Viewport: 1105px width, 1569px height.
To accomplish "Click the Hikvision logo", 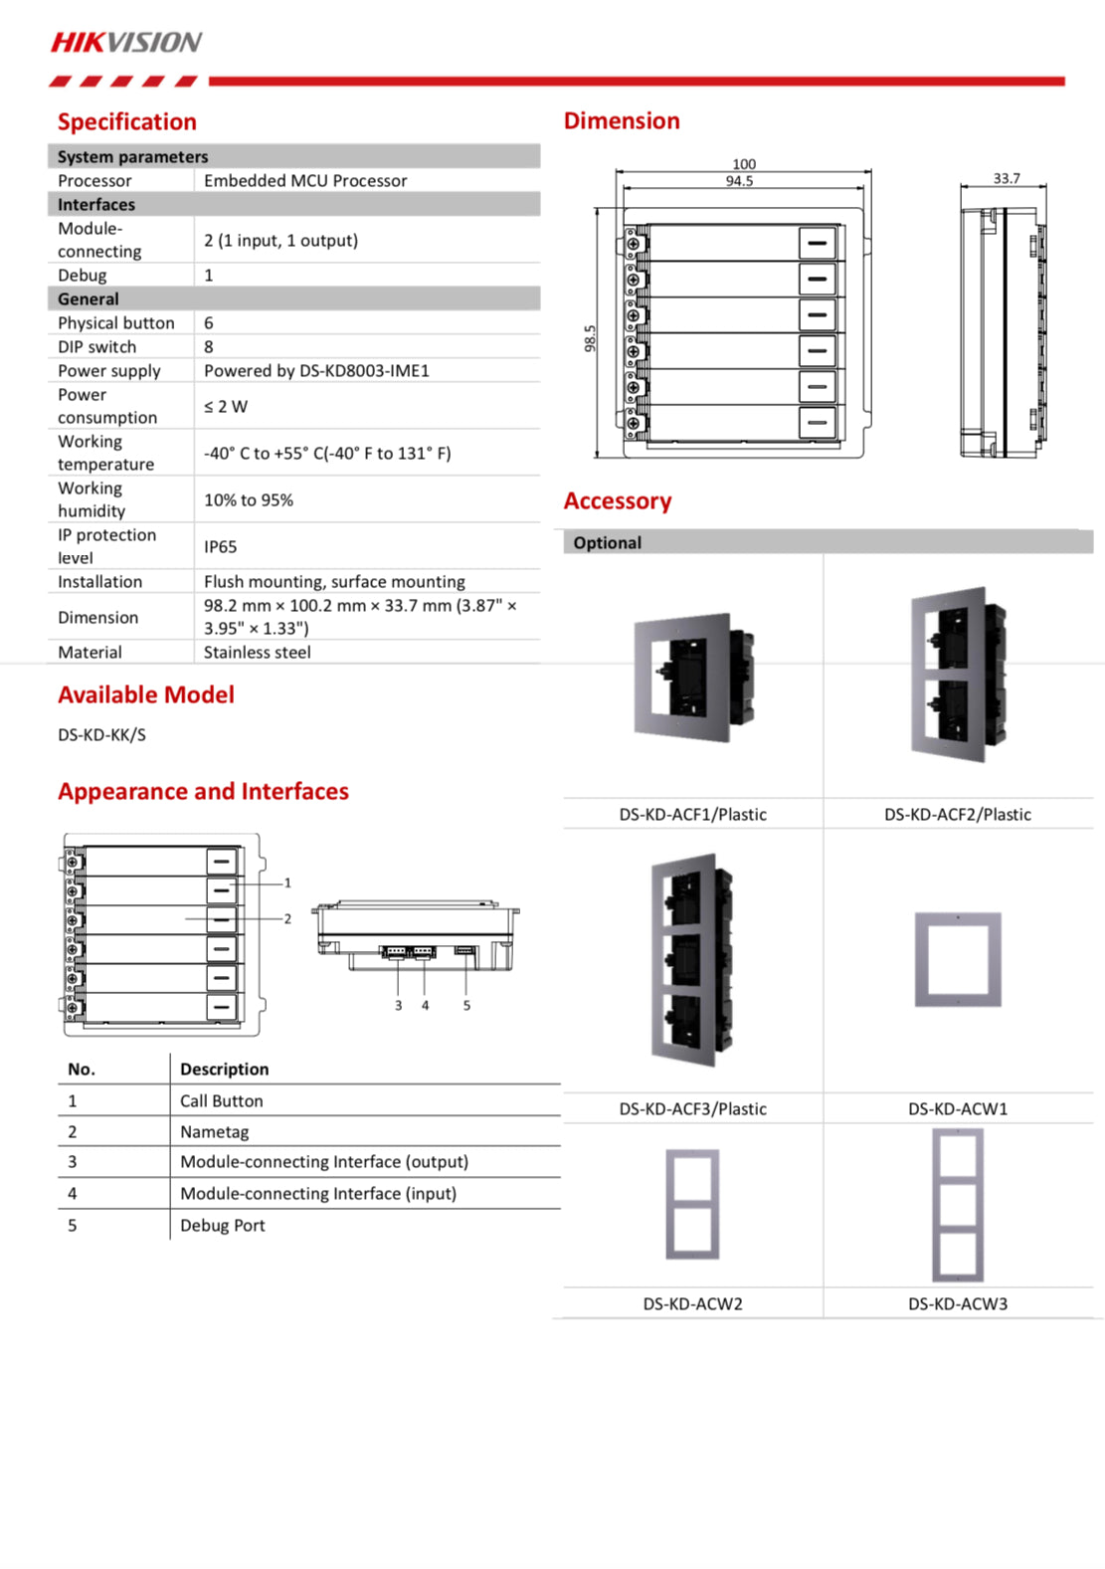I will point(126,42).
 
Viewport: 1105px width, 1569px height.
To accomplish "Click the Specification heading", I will point(127,122).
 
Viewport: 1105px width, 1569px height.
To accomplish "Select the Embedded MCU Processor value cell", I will point(305,181).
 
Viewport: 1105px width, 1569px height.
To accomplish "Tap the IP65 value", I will point(221,547).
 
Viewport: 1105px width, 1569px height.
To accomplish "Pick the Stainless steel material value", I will point(258,653).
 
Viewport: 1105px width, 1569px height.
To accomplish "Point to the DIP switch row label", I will point(97,347).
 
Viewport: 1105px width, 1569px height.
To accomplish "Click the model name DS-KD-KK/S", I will point(101,735).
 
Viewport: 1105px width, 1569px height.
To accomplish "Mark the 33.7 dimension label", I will point(1006,179).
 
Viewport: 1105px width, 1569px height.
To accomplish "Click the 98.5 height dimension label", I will point(590,338).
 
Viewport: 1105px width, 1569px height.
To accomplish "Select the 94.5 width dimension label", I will point(739,181).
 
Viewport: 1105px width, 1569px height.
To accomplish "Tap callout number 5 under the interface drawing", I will point(466,1006).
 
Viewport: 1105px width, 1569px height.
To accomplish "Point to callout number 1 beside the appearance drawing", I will point(287,883).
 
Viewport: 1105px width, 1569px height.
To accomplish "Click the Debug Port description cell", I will point(223,1226).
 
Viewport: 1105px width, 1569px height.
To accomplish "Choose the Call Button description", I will point(222,1101).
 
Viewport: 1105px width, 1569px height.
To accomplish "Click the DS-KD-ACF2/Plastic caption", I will point(957,815).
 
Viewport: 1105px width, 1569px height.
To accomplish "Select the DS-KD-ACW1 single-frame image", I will point(958,959).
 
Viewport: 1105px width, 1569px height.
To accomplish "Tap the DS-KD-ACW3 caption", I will point(957,1304).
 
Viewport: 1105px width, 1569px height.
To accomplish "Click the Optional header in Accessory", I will point(607,543).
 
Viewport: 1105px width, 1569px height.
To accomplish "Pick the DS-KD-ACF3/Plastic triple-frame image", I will point(693,959).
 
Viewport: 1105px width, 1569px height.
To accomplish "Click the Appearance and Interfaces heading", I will point(204,792).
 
